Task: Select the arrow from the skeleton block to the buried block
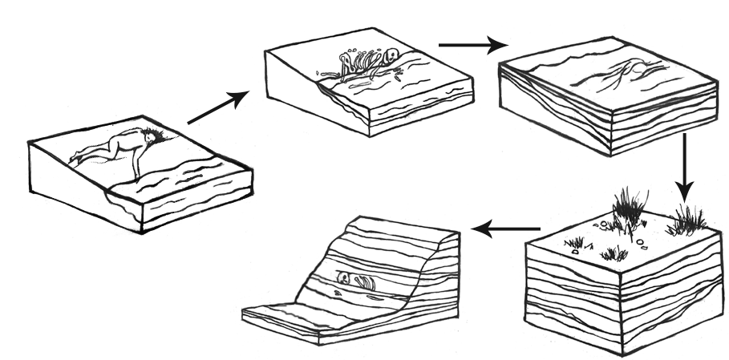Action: (468, 45)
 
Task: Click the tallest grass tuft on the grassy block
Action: (630, 207)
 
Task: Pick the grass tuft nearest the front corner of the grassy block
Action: (615, 254)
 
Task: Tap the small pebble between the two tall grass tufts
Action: (641, 238)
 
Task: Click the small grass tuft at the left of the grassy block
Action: (573, 241)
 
